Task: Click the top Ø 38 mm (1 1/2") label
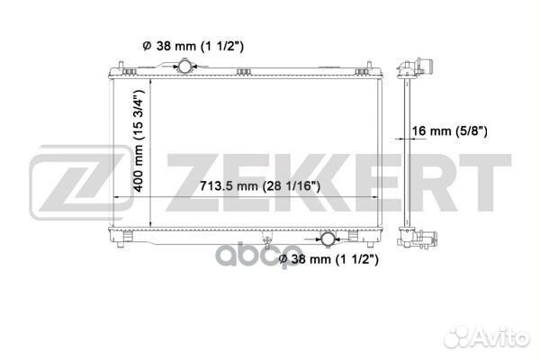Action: point(193,46)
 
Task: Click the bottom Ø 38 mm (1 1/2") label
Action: point(328,259)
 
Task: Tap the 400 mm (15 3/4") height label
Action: point(139,140)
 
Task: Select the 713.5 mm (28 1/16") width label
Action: point(260,186)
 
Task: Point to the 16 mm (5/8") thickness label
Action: point(450,130)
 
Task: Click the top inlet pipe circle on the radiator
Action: point(184,66)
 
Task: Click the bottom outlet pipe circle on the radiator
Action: point(328,239)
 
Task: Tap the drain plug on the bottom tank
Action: point(265,239)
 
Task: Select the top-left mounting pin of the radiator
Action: point(121,66)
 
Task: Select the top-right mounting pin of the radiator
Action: point(369,66)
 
